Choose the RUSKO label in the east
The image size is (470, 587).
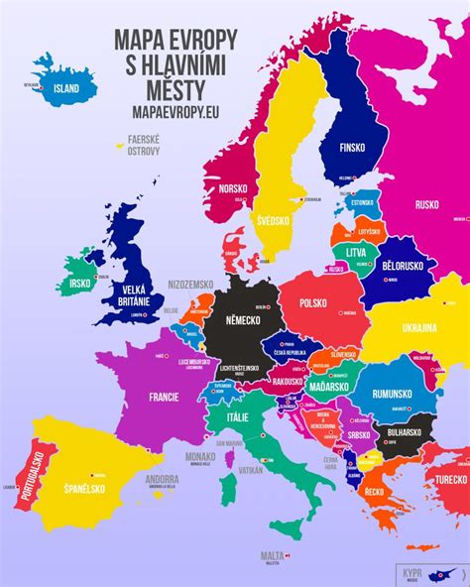426,206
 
